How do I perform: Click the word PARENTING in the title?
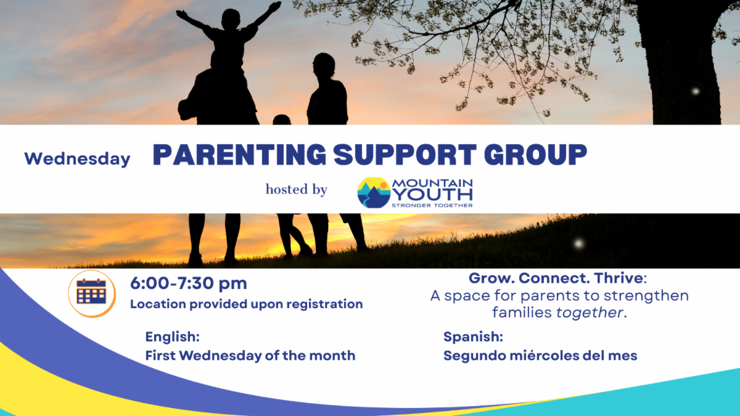(x=239, y=155)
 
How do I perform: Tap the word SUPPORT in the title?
(x=405, y=155)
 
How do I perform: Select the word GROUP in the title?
(x=535, y=155)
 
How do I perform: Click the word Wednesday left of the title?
(x=77, y=159)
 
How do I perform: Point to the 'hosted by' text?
(x=297, y=190)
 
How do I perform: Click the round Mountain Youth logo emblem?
(x=374, y=193)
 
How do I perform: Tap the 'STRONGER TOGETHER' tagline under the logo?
(x=432, y=205)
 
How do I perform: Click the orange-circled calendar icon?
(x=91, y=293)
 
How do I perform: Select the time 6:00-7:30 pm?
(x=188, y=283)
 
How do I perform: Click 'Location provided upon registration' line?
(x=247, y=304)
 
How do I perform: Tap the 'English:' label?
(x=173, y=337)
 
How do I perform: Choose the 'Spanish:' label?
(x=473, y=337)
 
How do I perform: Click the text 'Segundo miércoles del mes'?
(x=540, y=356)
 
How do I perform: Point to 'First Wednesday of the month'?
(x=250, y=356)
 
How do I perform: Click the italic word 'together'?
(x=590, y=312)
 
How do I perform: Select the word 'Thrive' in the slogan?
(x=619, y=279)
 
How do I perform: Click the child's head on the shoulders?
(x=231, y=19)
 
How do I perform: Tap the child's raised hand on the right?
(x=275, y=6)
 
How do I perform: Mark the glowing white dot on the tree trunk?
(x=696, y=91)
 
